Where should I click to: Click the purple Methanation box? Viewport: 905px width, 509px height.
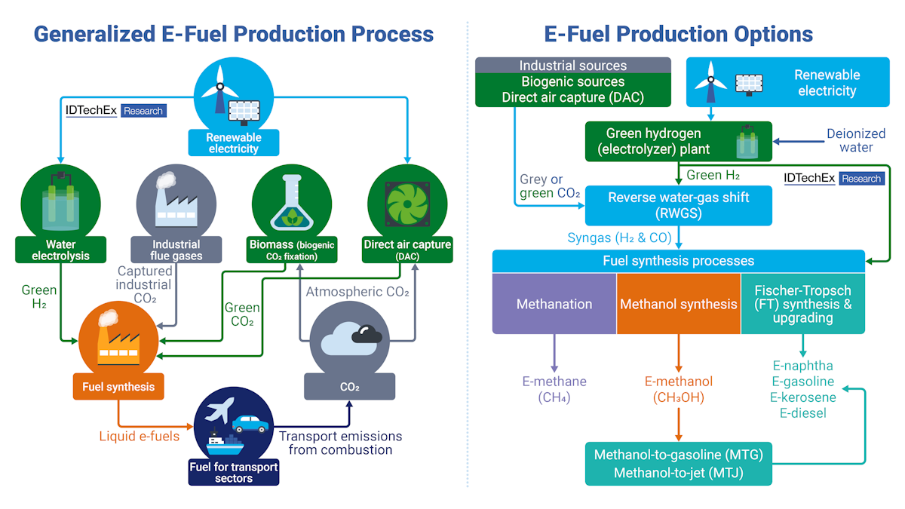[554, 304]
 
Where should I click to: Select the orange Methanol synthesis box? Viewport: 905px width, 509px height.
[678, 304]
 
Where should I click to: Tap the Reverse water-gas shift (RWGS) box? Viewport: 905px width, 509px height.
[678, 205]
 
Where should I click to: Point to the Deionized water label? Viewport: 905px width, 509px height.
[855, 141]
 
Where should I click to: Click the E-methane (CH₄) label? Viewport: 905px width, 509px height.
[554, 389]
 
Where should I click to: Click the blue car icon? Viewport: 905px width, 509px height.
[250, 424]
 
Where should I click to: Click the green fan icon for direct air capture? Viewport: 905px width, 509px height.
[407, 202]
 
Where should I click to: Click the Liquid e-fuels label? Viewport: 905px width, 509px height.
[140, 436]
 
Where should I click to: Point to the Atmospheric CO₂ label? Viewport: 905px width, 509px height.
[357, 292]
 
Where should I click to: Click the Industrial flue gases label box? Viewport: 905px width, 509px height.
[176, 250]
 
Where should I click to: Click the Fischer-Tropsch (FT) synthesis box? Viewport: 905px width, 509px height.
[802, 304]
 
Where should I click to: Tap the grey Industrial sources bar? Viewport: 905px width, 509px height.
[573, 66]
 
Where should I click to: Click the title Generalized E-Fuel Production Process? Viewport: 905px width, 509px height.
[234, 34]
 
